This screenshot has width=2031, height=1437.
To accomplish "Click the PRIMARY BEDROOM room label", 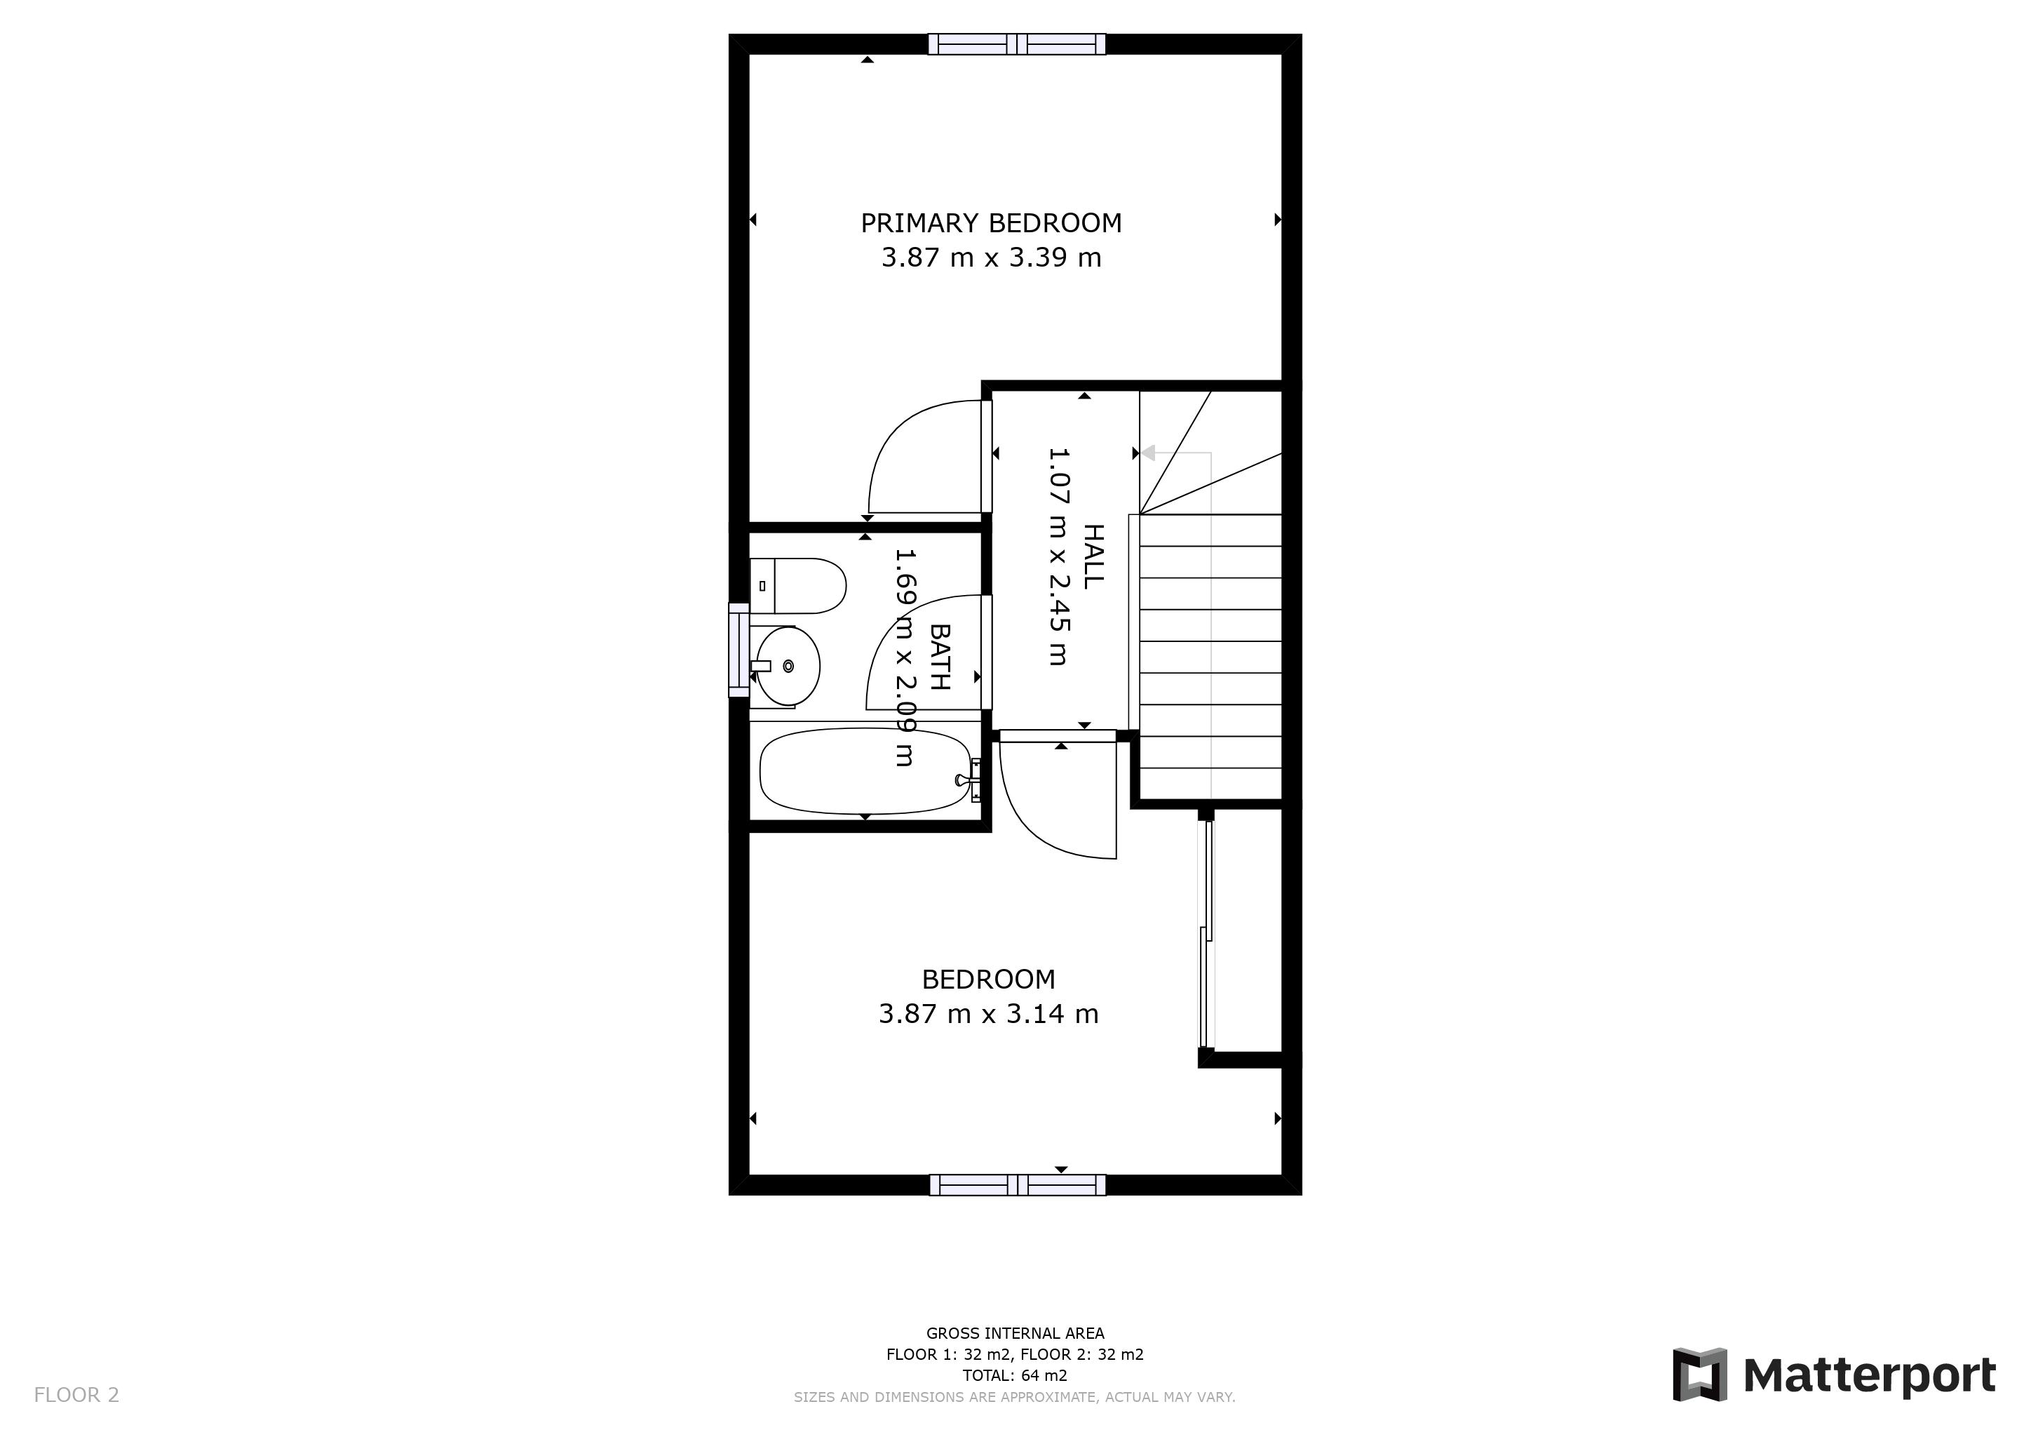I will [x=991, y=223].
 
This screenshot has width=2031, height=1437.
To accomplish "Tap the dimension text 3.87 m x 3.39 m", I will [x=991, y=258].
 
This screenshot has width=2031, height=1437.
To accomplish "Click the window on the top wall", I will [x=1016, y=44].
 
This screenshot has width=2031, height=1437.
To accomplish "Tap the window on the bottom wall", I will [x=1018, y=1185].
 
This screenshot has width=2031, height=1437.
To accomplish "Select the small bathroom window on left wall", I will [x=738, y=650].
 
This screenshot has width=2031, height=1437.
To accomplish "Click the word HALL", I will [x=1094, y=556].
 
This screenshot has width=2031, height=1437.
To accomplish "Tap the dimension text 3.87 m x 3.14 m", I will [x=988, y=1014].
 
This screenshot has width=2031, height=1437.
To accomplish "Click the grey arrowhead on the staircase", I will [x=1147, y=453].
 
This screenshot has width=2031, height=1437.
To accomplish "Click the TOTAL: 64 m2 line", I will [x=1015, y=1375].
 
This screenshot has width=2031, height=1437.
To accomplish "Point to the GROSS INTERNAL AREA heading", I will [x=1015, y=1332].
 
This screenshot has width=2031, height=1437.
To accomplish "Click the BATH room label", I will [x=940, y=657].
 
